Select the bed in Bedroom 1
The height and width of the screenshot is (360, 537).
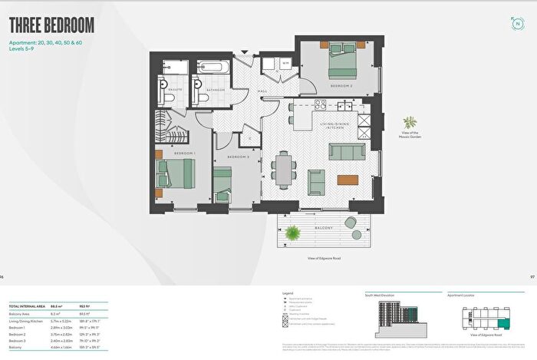173,175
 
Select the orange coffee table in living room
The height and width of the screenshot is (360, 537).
348,180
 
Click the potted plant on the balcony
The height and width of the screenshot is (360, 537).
292,233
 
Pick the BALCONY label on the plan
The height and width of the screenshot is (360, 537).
325,229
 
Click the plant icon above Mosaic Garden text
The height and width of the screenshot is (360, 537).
410,122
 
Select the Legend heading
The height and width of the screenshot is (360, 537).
289,293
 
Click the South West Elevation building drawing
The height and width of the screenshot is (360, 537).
398,315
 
